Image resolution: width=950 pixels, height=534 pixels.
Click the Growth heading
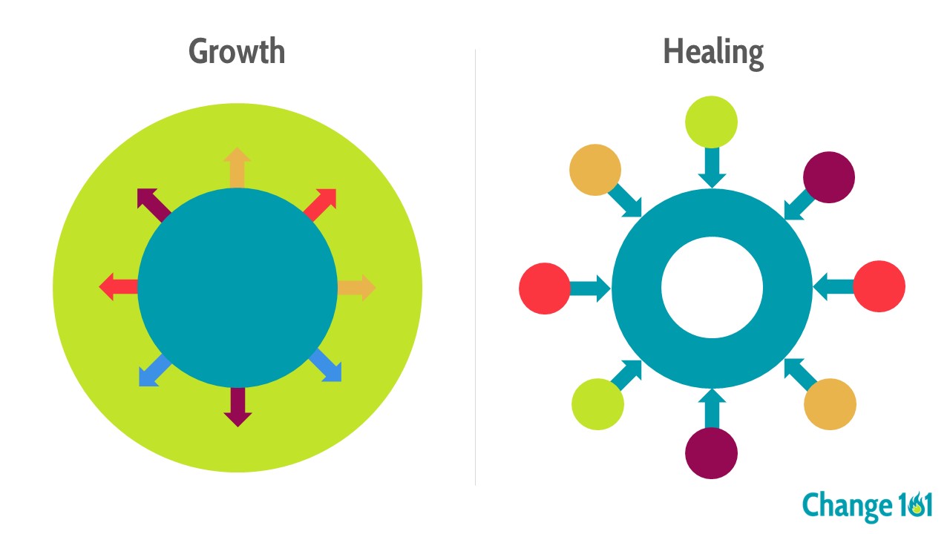point(237,52)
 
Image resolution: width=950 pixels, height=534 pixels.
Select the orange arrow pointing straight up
point(237,167)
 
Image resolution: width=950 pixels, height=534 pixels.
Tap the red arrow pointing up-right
point(321,203)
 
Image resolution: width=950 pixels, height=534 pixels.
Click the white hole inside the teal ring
point(712,287)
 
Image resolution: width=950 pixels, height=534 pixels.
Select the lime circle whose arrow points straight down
point(711,122)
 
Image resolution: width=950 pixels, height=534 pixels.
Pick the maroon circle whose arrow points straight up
point(711,452)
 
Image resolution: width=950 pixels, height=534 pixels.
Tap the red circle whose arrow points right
point(545,289)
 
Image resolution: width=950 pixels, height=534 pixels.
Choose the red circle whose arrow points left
point(879,286)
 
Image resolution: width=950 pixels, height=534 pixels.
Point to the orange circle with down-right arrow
point(595,170)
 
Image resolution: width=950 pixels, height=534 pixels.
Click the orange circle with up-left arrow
point(831,404)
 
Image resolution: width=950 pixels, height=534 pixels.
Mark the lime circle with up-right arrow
point(597,404)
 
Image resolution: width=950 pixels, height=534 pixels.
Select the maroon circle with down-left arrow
point(829,178)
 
